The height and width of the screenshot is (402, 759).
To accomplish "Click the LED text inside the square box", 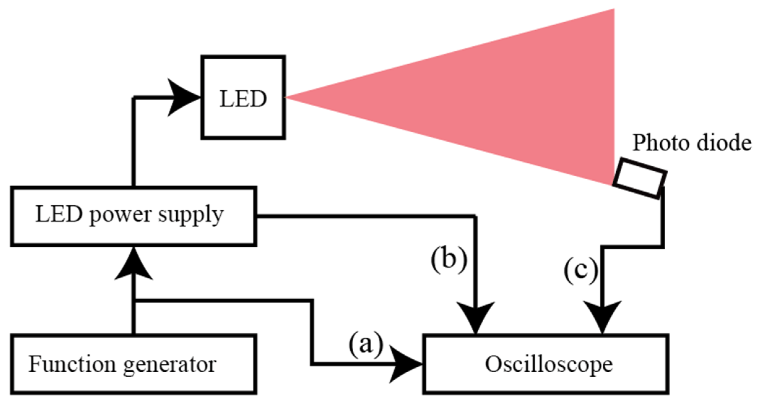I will click(243, 99).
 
